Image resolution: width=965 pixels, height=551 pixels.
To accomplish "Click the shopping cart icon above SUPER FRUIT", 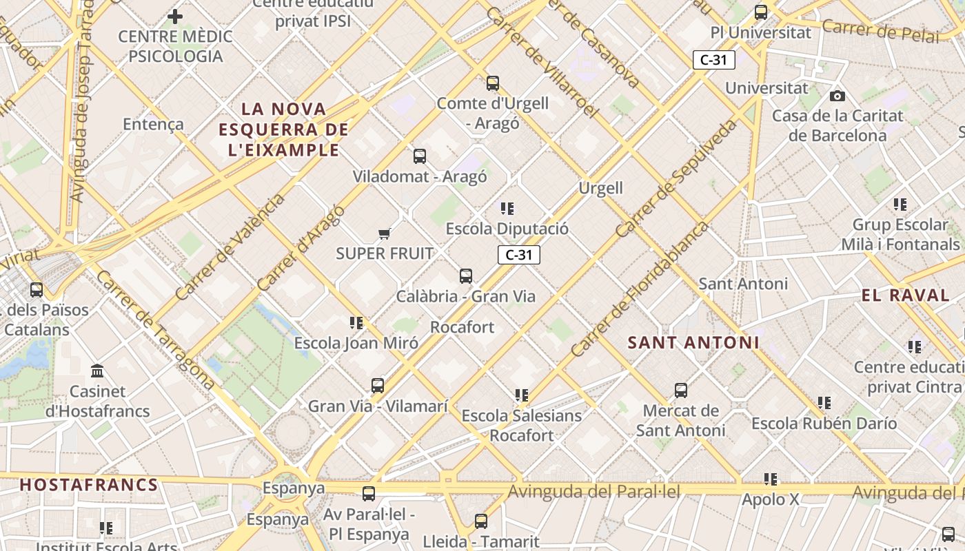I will pyautogui.click(x=385, y=234).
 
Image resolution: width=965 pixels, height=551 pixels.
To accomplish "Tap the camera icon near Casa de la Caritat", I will pyautogui.click(x=837, y=96).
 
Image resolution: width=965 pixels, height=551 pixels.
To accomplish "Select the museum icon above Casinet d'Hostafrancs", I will pyautogui.click(x=97, y=371).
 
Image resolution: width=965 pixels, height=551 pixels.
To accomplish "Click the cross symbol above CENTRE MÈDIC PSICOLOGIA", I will pyautogui.click(x=175, y=16).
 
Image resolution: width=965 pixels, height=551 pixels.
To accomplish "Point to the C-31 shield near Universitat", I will pyautogui.click(x=713, y=60).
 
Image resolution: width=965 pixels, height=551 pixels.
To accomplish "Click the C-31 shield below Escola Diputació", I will pyautogui.click(x=518, y=255).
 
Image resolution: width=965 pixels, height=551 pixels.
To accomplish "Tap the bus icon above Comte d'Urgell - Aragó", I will pyautogui.click(x=492, y=83).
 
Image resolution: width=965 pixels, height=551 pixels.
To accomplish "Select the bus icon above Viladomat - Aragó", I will pyautogui.click(x=420, y=156).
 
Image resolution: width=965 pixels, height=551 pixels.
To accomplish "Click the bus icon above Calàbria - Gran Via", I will pyautogui.click(x=466, y=276).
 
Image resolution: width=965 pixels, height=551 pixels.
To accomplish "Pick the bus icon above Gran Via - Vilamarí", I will pyautogui.click(x=378, y=386).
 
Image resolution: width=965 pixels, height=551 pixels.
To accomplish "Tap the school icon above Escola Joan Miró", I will pyautogui.click(x=356, y=322).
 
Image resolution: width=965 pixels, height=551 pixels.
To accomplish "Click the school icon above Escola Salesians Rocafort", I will pyautogui.click(x=521, y=395).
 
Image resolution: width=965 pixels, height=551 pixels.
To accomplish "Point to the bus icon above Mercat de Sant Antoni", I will pyautogui.click(x=681, y=391).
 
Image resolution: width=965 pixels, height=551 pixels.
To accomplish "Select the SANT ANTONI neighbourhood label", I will pyautogui.click(x=693, y=342).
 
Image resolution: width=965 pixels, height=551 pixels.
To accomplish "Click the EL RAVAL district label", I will pyautogui.click(x=905, y=295).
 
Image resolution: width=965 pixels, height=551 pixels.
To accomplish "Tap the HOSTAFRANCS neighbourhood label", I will pyautogui.click(x=89, y=485).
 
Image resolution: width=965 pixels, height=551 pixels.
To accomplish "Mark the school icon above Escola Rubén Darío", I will pyautogui.click(x=824, y=402).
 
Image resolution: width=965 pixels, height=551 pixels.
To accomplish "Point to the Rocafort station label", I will pyautogui.click(x=462, y=327).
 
